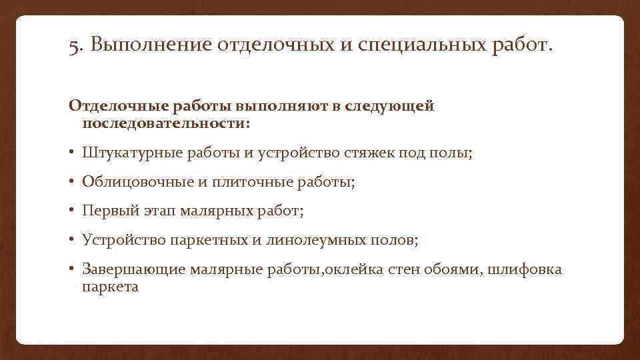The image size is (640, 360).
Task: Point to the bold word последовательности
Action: click(160, 123)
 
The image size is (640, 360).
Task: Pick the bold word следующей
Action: click(397, 107)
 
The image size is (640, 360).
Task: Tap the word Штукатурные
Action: click(127, 154)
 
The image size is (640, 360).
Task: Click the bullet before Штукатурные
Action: click(72, 154)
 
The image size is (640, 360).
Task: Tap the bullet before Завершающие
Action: click(72, 269)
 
